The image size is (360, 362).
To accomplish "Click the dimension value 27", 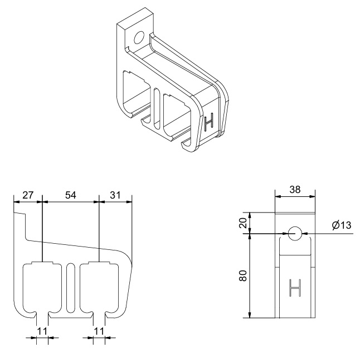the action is point(28,195).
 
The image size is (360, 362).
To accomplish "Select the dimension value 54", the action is point(71,195).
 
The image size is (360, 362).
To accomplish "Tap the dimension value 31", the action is point(115,195).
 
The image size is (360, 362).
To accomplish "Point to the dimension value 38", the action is point(295,190).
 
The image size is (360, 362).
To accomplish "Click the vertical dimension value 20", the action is point(244,223).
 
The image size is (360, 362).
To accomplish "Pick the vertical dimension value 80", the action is point(244,276).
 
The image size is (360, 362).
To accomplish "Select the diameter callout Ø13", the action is point(342,225).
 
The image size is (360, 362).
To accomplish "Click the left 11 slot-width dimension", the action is point(42,331).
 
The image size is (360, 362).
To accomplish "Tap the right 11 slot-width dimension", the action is point(99,331).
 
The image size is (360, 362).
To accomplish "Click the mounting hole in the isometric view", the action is point(139,37).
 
